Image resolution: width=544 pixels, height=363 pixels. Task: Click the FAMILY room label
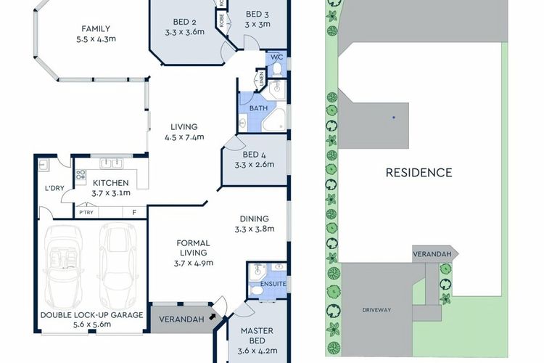click(x=96, y=28)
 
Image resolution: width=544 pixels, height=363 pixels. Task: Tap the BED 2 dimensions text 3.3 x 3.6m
click(x=184, y=32)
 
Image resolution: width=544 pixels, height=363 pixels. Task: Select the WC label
click(x=276, y=57)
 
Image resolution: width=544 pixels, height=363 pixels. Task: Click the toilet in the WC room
click(x=277, y=70)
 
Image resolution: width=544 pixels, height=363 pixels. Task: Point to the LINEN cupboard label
click(x=261, y=78)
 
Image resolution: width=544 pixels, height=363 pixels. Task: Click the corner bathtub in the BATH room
click(x=275, y=121)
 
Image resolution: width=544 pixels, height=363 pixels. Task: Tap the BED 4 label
click(x=255, y=155)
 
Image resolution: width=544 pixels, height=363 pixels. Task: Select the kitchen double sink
click(x=111, y=163)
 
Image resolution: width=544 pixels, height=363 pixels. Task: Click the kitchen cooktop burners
click(x=81, y=175)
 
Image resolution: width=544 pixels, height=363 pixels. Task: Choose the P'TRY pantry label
click(x=86, y=212)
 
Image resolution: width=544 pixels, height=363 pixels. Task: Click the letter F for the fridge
click(x=134, y=212)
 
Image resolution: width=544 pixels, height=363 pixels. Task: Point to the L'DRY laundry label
click(x=54, y=188)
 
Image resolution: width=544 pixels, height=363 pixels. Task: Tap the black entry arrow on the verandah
click(x=212, y=316)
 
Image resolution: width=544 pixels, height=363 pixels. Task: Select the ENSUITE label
click(x=273, y=284)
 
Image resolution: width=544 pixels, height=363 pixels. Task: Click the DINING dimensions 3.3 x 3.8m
click(x=255, y=229)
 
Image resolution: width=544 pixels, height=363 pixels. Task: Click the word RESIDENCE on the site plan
click(x=419, y=173)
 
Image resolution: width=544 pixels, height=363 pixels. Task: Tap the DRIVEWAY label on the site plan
click(x=376, y=310)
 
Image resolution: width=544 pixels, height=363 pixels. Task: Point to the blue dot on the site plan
click(x=394, y=118)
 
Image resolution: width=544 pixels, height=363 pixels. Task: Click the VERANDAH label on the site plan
click(x=432, y=254)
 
